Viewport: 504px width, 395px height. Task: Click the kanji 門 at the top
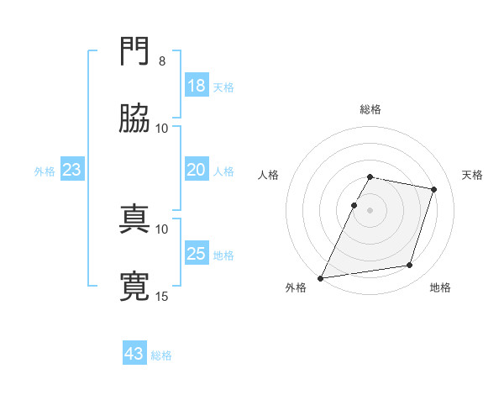tap(134, 50)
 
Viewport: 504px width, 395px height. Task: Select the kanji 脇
tap(134, 118)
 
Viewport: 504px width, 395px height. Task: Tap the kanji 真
tap(134, 219)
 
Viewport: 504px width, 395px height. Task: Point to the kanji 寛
tap(134, 286)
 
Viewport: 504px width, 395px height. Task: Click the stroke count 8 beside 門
tap(162, 61)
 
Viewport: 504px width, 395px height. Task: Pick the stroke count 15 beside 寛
tap(161, 296)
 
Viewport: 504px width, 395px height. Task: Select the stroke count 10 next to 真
tap(161, 229)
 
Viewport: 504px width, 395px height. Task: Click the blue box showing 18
tap(197, 85)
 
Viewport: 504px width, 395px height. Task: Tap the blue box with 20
tap(197, 169)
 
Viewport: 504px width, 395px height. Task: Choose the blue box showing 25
tap(197, 252)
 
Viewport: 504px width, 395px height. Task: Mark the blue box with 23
tap(72, 169)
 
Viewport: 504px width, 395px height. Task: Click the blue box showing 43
tap(134, 352)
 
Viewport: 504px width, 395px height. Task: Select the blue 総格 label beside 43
tap(161, 355)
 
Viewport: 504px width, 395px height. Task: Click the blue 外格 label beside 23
tap(45, 171)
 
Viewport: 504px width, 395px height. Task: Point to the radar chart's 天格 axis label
tap(472, 175)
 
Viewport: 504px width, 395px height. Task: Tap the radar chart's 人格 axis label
tap(268, 175)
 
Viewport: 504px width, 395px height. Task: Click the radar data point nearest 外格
tap(321, 278)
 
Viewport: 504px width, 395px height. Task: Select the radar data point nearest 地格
tap(410, 265)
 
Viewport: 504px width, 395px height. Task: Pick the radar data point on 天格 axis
tap(433, 189)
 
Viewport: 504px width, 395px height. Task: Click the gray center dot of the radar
tap(370, 210)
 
